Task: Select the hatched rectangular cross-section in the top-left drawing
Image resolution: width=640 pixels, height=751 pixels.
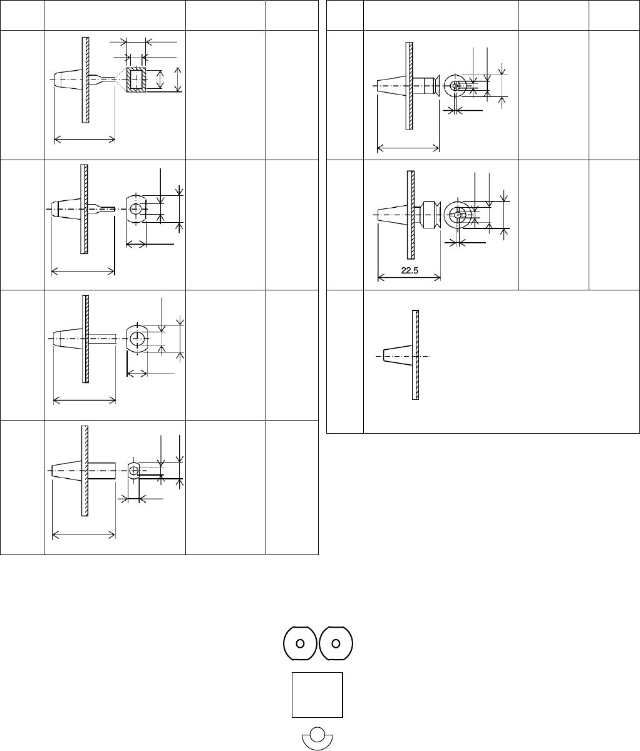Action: click(x=136, y=80)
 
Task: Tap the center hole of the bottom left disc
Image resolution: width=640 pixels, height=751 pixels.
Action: click(x=300, y=643)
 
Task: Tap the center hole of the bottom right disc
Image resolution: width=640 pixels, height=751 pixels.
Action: click(x=336, y=643)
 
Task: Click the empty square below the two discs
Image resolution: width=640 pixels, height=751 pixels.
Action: click(x=317, y=695)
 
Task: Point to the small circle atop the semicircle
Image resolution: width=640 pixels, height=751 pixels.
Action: click(x=317, y=733)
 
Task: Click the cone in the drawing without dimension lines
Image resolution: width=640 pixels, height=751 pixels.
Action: click(x=398, y=356)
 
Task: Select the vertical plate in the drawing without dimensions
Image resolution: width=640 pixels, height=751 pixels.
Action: click(x=415, y=354)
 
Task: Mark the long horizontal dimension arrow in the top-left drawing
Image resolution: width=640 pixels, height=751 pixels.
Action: click(x=85, y=139)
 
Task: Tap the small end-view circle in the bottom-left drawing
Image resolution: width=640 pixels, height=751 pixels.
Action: click(x=133, y=470)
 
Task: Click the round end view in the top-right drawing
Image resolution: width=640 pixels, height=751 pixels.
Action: click(x=454, y=86)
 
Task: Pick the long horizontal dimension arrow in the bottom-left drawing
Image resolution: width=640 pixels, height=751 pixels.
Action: click(x=84, y=534)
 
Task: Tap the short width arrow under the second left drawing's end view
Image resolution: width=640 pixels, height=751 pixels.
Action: click(x=136, y=243)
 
